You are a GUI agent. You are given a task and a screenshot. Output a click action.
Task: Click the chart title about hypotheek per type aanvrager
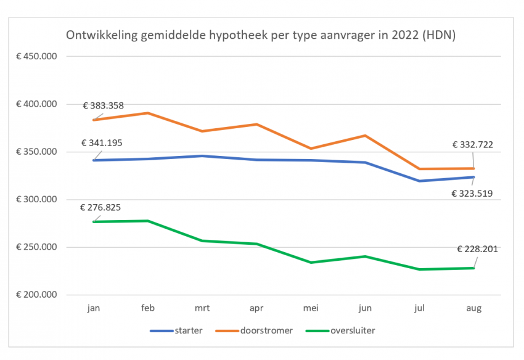[x=261, y=35]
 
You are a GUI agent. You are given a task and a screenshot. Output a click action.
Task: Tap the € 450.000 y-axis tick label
[x=36, y=57]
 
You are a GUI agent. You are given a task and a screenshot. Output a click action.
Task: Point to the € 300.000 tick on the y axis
[x=36, y=200]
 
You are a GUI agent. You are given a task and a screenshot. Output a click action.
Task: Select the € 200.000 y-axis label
[x=36, y=295]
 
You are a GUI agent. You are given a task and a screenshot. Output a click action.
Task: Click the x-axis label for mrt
[x=202, y=306]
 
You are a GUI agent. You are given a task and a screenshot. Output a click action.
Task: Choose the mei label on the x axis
[x=311, y=306]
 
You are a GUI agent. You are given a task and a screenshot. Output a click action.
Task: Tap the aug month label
[x=473, y=306]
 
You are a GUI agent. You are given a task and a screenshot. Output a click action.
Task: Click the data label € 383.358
[x=103, y=105]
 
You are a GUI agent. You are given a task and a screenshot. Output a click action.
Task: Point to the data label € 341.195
[x=102, y=143]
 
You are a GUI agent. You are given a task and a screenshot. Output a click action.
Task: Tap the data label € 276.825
[x=100, y=207]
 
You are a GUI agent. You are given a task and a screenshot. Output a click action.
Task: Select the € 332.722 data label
[x=472, y=145]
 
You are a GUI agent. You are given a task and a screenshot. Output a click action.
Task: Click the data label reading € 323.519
[x=472, y=193]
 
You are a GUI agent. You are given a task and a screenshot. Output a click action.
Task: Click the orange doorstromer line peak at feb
[x=147, y=113]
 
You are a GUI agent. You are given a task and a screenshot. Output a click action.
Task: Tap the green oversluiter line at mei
[x=311, y=263]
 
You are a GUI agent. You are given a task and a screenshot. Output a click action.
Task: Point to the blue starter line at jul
[x=419, y=181]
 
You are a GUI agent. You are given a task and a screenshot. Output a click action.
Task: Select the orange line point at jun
[x=365, y=136]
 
